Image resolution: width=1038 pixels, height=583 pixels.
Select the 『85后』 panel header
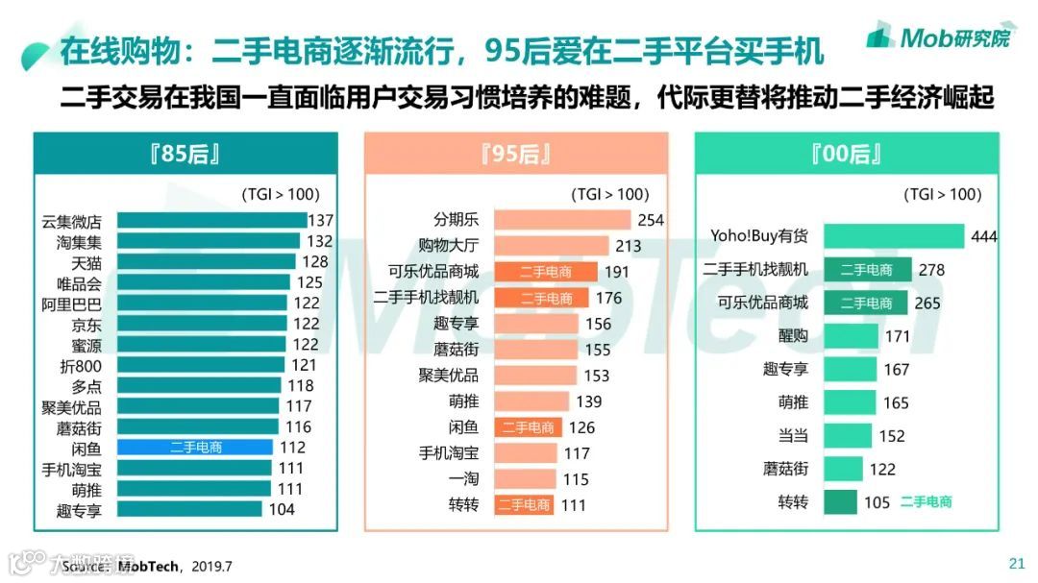pyautogui.click(x=185, y=154)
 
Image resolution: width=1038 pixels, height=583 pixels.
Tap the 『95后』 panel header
pyautogui.click(x=516, y=154)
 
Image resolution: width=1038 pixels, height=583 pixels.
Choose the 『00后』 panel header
pyautogui.click(x=847, y=154)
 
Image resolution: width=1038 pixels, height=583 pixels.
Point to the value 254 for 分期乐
pyautogui.click(x=651, y=220)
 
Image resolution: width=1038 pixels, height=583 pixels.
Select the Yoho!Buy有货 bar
pyautogui.click(x=894, y=236)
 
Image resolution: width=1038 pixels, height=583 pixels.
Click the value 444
pyautogui.click(x=984, y=237)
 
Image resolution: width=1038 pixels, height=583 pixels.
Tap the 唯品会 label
pyautogui.click(x=79, y=283)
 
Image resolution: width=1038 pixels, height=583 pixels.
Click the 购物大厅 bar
pyautogui.click(x=552, y=246)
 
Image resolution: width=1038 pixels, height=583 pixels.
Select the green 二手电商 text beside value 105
pyautogui.click(x=926, y=501)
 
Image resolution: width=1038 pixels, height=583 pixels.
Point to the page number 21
pyautogui.click(x=1016, y=563)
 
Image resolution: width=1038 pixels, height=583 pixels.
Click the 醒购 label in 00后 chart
pyautogui.click(x=793, y=336)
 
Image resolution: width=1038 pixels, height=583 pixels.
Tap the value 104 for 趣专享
pyautogui.click(x=281, y=510)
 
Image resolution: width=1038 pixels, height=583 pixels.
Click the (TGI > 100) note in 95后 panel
pyautogui.click(x=609, y=194)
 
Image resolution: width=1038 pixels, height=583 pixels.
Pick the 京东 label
pyautogui.click(x=86, y=325)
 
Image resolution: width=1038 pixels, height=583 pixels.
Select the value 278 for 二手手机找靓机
pyautogui.click(x=931, y=270)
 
